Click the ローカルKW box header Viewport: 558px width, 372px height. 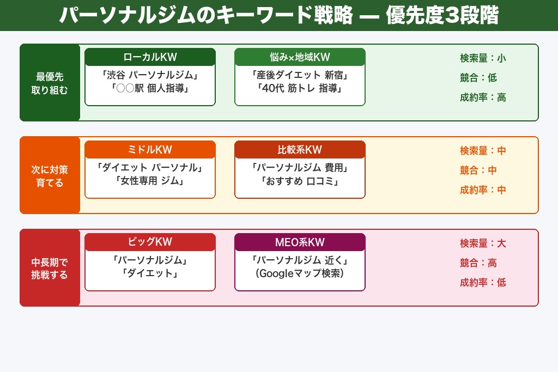(x=150, y=57)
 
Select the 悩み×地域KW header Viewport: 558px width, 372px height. (x=300, y=57)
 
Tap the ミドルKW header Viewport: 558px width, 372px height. (x=150, y=150)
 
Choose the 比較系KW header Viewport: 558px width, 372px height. (x=300, y=150)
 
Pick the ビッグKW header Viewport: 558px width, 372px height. (x=150, y=242)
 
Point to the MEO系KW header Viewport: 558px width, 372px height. (x=300, y=242)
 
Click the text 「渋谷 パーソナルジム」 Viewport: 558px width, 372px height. (x=150, y=75)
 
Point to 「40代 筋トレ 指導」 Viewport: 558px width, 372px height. (x=300, y=88)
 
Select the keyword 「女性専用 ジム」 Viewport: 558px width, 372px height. (x=150, y=180)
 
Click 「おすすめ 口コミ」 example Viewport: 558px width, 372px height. (x=300, y=180)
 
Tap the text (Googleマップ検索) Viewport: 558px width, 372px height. (x=300, y=273)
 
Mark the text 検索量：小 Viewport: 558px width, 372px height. (x=483, y=58)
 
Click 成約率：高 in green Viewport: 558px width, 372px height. (x=483, y=97)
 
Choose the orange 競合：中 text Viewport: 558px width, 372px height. (x=478, y=170)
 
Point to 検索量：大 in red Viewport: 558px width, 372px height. (x=483, y=243)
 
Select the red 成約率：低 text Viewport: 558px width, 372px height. (x=483, y=283)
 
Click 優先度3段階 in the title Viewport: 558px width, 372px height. (x=442, y=16)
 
